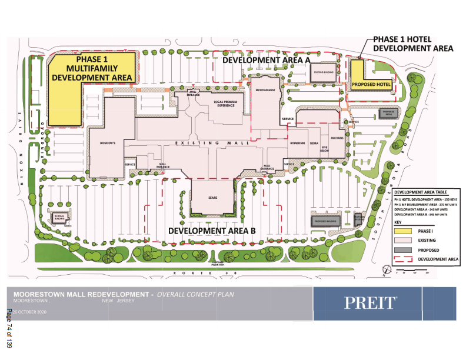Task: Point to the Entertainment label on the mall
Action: pos(265,90)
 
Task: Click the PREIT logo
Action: pos(370,303)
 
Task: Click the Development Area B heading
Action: pos(211,231)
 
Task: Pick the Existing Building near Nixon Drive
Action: pos(59,218)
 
